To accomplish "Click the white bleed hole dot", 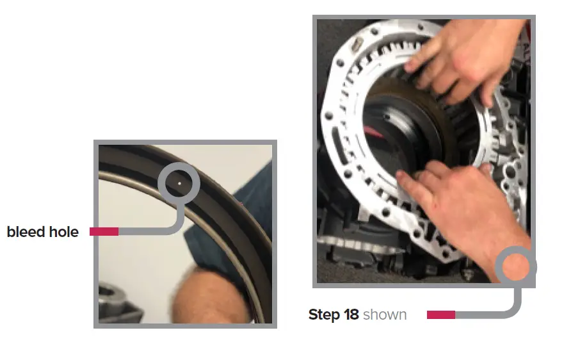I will [x=179, y=183].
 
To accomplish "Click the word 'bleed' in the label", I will [x=27, y=232].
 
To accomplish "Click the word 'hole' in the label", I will [x=65, y=232].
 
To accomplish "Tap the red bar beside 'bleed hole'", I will [x=104, y=231].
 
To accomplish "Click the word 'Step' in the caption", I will [x=323, y=315].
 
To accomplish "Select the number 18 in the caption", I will [x=351, y=315].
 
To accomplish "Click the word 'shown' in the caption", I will [x=385, y=315].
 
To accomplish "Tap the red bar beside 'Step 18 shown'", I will [x=440, y=315].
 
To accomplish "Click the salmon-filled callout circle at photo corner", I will [x=516, y=267].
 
